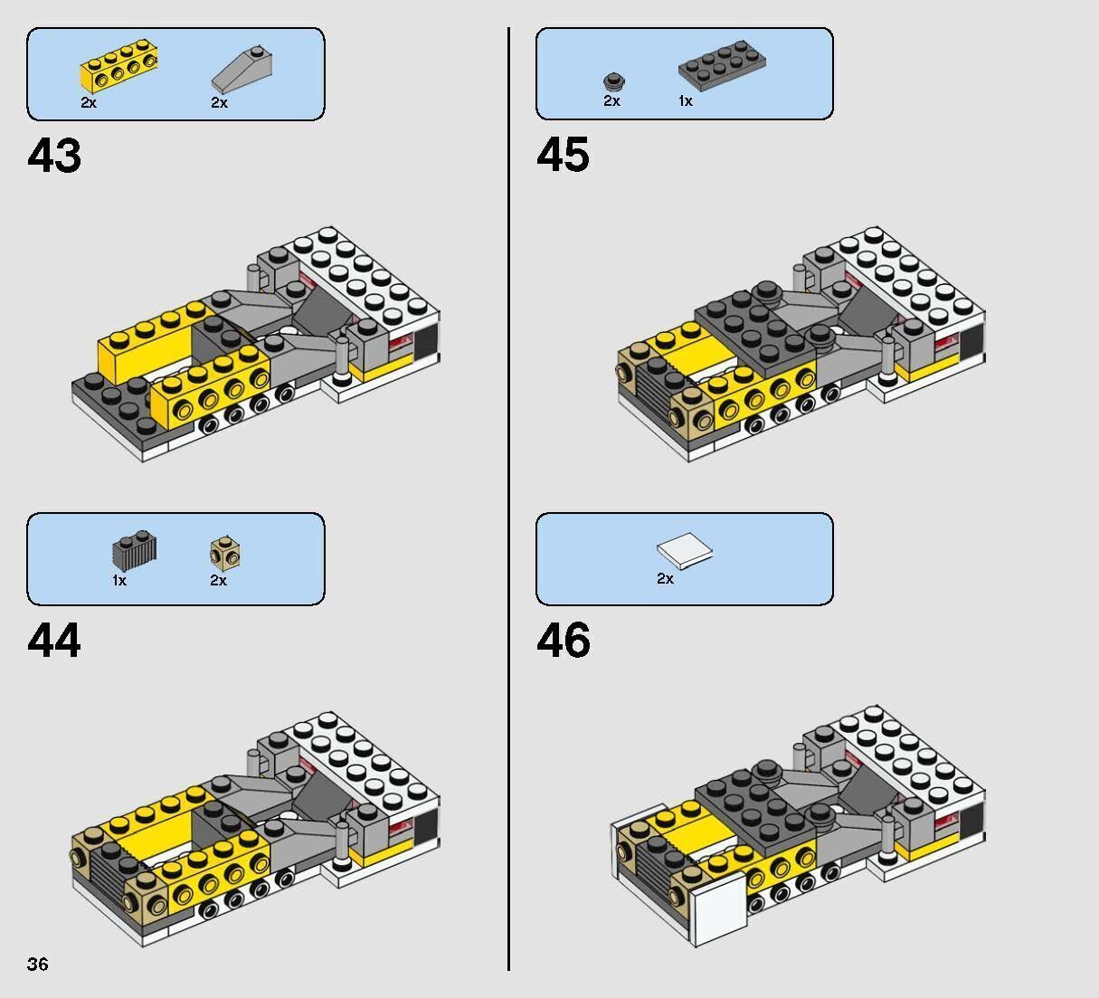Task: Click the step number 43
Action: [54, 156]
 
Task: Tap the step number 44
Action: [54, 641]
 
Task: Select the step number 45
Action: [563, 155]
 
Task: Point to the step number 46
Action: [563, 641]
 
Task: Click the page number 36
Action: [38, 964]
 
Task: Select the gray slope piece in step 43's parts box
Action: [239, 71]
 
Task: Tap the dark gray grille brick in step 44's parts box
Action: [134, 549]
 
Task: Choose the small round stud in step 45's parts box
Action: [615, 81]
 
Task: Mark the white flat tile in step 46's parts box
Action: [685, 550]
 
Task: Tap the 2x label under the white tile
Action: [665, 578]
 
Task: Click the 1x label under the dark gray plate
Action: [685, 101]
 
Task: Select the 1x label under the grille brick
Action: [119, 580]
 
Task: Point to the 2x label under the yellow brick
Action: [89, 102]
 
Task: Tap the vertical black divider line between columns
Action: [508, 498]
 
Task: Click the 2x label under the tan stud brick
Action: [218, 580]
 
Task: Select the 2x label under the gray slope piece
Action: [219, 102]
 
